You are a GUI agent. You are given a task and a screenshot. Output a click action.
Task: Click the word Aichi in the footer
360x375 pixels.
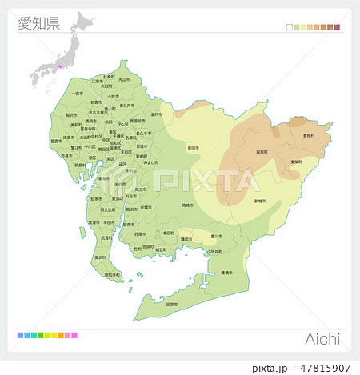(323, 340)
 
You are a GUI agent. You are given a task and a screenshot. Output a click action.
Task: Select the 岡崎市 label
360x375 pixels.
(187, 205)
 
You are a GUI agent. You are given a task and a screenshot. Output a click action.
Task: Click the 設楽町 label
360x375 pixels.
(262, 151)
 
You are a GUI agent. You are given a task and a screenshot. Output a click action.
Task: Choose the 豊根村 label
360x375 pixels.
(309, 135)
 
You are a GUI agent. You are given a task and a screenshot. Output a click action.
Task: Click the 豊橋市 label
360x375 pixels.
(224, 273)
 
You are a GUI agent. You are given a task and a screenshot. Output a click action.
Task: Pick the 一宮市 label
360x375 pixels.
(78, 94)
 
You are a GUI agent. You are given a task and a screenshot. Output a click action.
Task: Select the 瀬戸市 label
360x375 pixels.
(157, 115)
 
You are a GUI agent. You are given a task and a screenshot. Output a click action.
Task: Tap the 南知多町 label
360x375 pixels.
(112, 274)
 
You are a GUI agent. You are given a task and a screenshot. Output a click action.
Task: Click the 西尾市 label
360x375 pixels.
(140, 234)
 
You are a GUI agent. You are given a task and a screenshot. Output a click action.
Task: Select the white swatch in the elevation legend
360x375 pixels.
(289, 27)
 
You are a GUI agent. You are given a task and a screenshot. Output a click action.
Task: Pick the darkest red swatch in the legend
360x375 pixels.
(337, 27)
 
